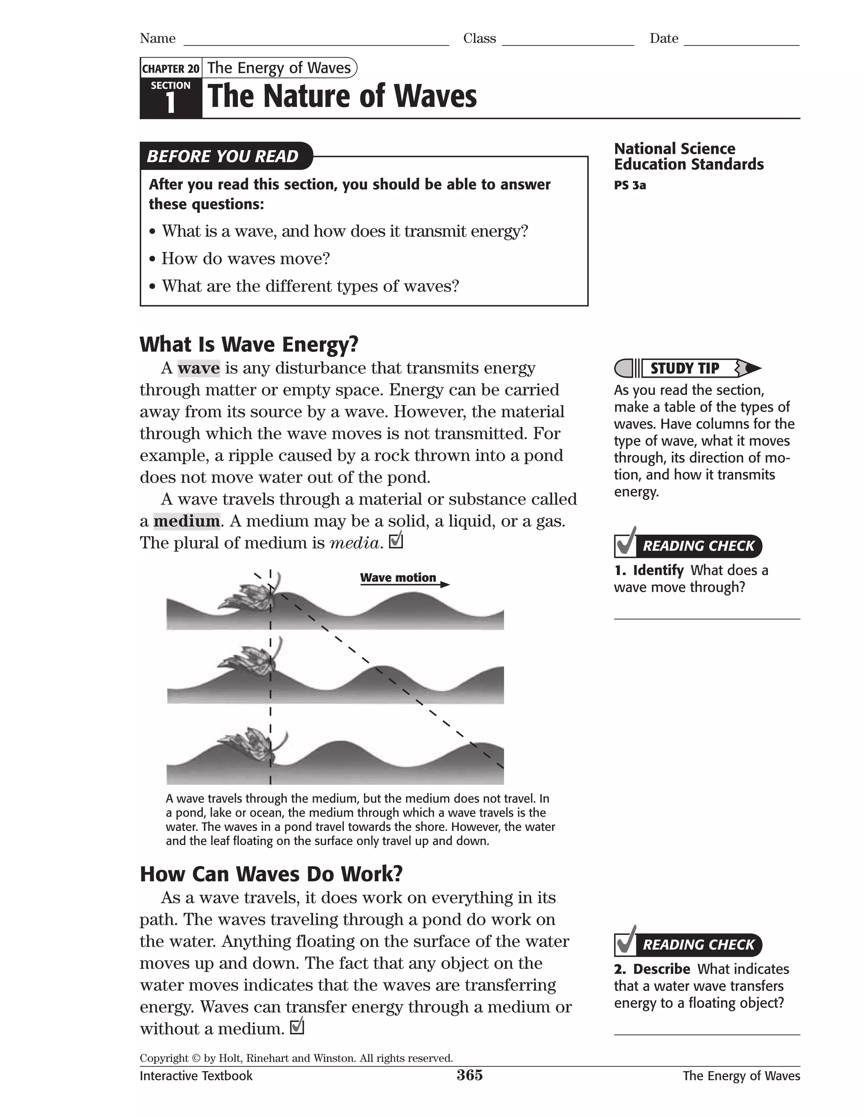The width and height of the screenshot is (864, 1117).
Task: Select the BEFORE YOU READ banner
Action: (x=223, y=156)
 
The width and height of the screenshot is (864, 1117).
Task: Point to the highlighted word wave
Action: (x=199, y=368)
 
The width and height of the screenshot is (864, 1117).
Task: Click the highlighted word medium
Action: (x=186, y=521)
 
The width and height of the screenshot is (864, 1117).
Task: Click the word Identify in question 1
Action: (x=658, y=570)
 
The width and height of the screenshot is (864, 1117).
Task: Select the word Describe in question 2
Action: (x=661, y=969)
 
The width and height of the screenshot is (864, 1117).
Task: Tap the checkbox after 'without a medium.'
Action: (x=297, y=1026)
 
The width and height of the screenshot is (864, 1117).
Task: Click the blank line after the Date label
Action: (x=741, y=41)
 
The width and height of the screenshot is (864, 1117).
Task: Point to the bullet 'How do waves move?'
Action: (x=245, y=259)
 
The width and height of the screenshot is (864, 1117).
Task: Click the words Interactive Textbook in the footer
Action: (x=196, y=1076)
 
